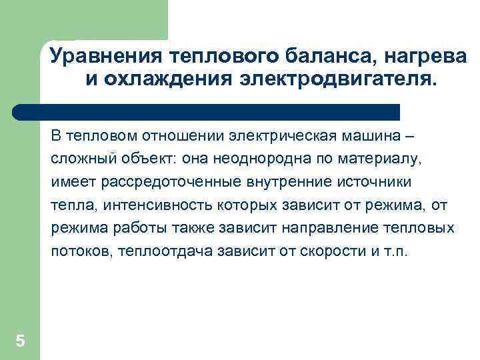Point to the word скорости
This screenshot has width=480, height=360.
pos(313,252)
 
